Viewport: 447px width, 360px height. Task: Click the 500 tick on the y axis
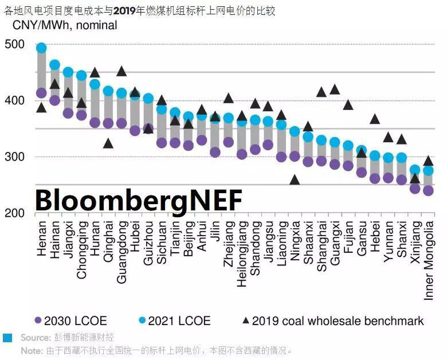click(x=15, y=45)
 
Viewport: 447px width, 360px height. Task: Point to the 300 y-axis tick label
click(x=15, y=157)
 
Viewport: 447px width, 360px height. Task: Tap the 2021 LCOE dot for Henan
click(x=41, y=48)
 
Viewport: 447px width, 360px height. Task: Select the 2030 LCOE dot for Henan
click(x=41, y=93)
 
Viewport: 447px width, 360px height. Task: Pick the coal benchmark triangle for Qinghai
click(x=108, y=143)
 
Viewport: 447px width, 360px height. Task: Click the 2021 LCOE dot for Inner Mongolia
click(x=428, y=170)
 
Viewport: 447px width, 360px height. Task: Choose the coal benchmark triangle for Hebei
click(x=375, y=119)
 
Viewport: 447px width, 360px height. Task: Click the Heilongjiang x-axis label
click(x=241, y=253)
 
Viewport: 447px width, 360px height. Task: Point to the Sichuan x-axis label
click(x=162, y=242)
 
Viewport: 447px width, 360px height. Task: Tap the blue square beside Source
click(x=7, y=338)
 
